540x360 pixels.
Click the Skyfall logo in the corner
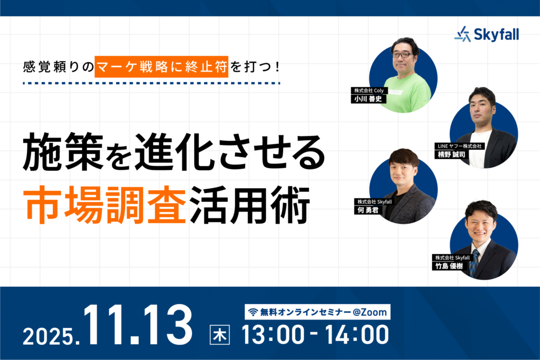click(486, 34)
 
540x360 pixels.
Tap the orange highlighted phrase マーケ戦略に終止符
click(161, 66)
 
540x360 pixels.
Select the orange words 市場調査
click(105, 205)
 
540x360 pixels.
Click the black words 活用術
click(249, 205)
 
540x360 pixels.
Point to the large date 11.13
click(138, 325)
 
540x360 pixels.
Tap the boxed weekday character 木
click(220, 335)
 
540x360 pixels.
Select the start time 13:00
click(273, 335)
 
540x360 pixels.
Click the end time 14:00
click(357, 335)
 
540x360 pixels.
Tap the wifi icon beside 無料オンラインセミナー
click(253, 312)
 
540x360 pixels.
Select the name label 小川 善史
click(368, 99)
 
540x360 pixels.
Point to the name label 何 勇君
click(368, 210)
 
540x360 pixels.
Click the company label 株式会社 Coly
click(369, 91)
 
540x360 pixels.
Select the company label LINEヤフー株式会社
click(459, 147)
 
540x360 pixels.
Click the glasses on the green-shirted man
click(401, 55)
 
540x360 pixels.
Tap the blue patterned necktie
click(475, 261)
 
